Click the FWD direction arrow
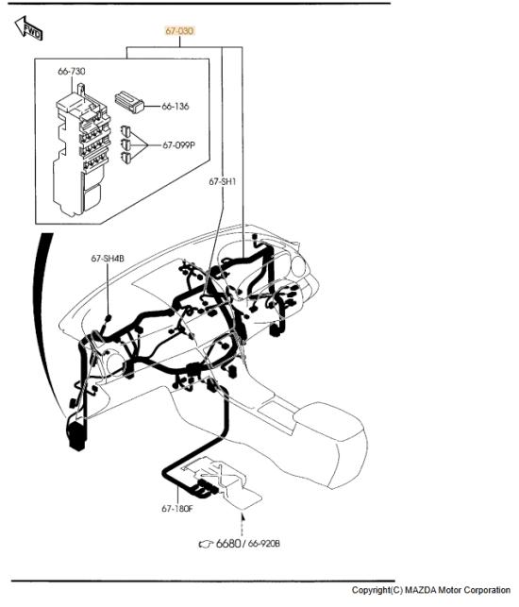28,28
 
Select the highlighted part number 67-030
179,30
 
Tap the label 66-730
72,71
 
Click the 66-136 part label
176,106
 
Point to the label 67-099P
178,145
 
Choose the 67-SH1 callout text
222,181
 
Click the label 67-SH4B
108,259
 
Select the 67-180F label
176,508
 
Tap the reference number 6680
228,543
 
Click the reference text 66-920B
263,544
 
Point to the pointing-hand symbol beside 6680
206,544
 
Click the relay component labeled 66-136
129,102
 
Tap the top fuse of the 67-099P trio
125,131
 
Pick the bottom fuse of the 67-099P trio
126,158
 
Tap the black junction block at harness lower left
77,434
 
